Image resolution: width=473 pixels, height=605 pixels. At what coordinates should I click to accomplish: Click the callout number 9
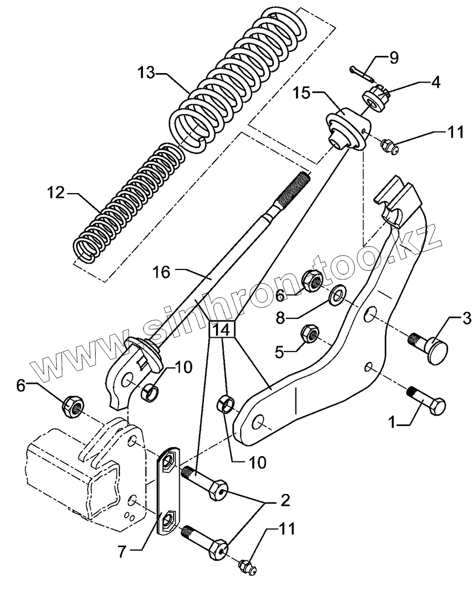coord(393,57)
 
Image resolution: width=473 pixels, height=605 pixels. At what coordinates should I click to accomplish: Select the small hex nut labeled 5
coord(311,333)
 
